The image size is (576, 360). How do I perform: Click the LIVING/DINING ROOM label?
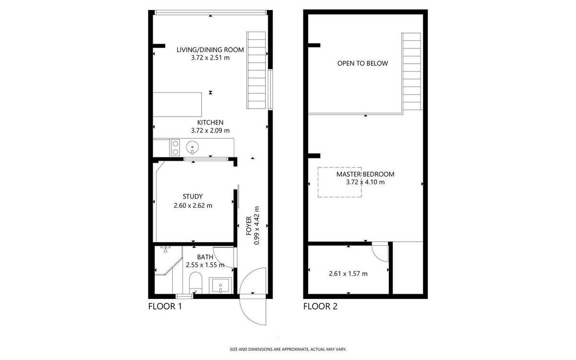[210, 49]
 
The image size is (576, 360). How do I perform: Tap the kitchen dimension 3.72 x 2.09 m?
[210, 131]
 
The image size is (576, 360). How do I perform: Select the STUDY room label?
[192, 197]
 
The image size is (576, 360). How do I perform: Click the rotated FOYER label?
[249, 226]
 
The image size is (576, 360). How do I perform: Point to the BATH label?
[205, 257]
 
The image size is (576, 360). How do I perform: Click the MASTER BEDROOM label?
[365, 174]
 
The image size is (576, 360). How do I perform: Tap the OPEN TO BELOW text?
[362, 63]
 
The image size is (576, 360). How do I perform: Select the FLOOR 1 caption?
[165, 306]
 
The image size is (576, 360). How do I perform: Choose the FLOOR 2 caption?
[320, 306]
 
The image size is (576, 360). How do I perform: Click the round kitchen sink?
[192, 147]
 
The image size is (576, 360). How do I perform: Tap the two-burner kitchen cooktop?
[175, 147]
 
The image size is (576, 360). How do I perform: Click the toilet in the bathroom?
[196, 283]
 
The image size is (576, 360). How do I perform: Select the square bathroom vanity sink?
[220, 286]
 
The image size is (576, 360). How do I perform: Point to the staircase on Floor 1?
[256, 70]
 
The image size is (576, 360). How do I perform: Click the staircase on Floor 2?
[411, 72]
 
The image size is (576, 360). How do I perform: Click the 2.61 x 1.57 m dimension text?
[348, 274]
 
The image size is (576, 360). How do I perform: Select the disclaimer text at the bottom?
[288, 349]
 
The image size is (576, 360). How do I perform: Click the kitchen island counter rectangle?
[177, 105]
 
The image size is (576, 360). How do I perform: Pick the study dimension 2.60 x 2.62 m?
[193, 206]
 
